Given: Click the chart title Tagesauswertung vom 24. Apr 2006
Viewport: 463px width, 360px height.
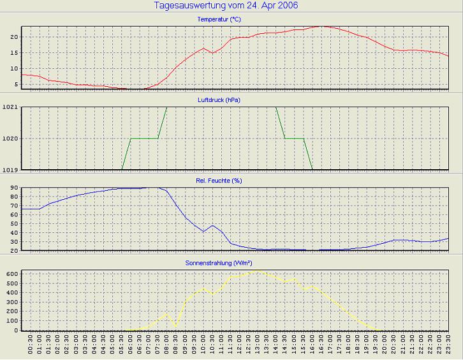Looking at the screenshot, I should click(x=226, y=6).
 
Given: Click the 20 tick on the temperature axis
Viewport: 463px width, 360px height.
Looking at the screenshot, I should click(x=13, y=37).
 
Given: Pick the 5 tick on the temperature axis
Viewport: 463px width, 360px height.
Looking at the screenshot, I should click(x=15, y=85).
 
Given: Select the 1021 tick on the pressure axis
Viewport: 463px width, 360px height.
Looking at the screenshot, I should click(x=10, y=107).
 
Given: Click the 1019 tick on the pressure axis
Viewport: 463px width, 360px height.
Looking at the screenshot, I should click(x=10, y=170).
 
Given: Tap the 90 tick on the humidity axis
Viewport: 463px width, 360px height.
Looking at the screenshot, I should click(x=13, y=188).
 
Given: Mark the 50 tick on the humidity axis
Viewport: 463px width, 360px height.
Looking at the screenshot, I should click(x=13, y=224).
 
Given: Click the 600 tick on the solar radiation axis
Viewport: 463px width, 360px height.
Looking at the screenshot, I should click(x=11, y=274).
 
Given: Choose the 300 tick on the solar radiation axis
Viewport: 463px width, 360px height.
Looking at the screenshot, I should click(x=11, y=302).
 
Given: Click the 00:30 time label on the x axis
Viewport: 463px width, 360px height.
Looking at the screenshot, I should click(x=31, y=347).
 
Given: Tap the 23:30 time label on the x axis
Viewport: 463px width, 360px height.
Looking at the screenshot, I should click(x=449, y=347).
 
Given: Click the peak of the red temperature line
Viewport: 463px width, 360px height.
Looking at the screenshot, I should click(x=323, y=26).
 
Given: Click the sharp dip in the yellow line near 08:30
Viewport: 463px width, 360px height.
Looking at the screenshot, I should click(x=175, y=327).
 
